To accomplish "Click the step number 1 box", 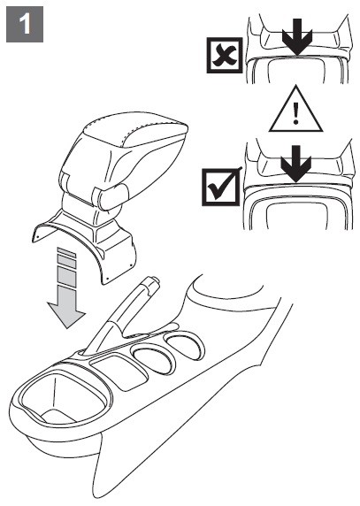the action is tap(25, 24).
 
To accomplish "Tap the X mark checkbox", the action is tap(225, 55).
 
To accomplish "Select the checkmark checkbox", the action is tap(221, 187).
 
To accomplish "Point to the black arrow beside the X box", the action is tap(297, 36).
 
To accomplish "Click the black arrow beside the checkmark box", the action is tap(295, 164).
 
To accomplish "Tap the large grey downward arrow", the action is tap(66, 287).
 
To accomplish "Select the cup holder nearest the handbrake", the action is tap(154, 359).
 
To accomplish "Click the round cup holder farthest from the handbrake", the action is tap(186, 346).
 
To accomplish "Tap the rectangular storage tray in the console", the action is tap(119, 372).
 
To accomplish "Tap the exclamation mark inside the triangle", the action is tap(295, 112).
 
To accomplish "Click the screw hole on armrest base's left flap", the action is tap(37, 237).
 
